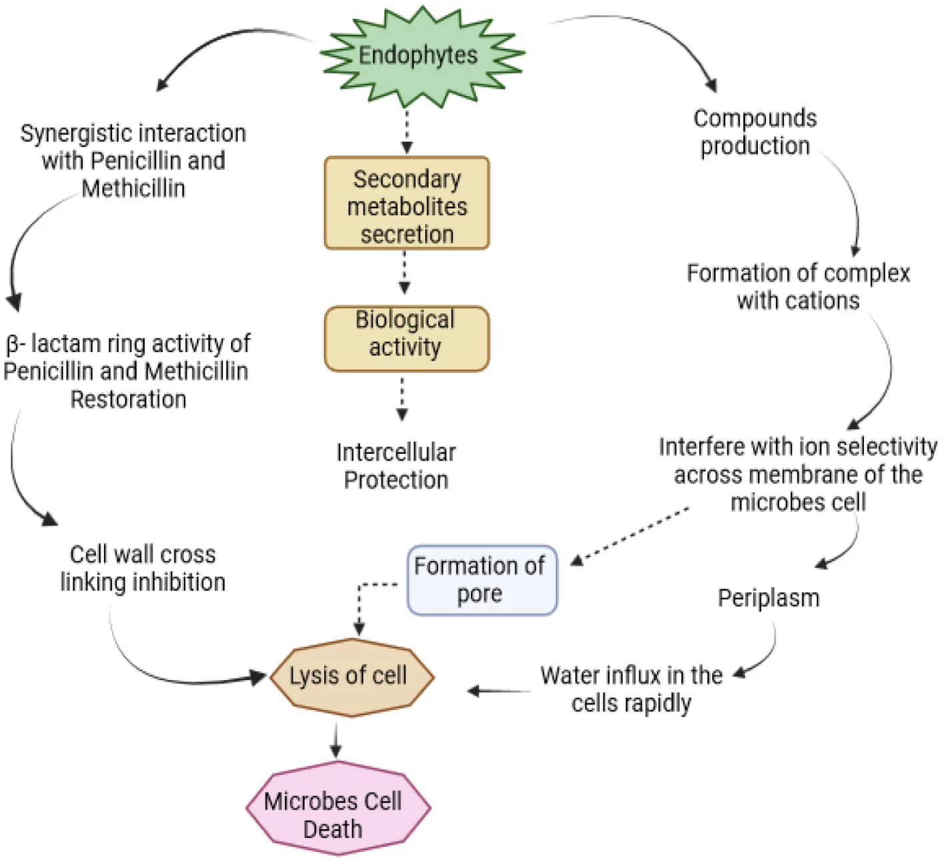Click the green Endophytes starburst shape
tap(420, 56)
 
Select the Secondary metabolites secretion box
tap(406, 203)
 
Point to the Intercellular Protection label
tap(396, 466)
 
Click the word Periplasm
tap(768, 598)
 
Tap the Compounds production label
tap(755, 132)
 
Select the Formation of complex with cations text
tap(798, 287)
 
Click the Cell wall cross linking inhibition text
tap(143, 568)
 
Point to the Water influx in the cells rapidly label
tap(631, 689)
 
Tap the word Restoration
tap(129, 399)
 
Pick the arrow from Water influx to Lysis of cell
tap(500, 691)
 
